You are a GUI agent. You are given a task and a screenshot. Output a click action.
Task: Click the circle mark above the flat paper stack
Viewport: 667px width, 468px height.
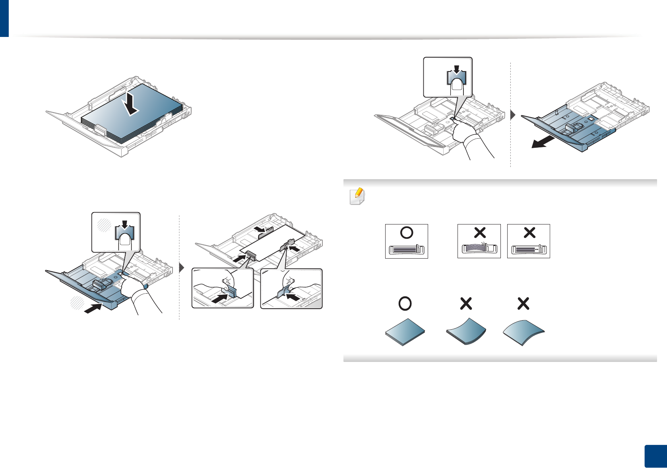405,304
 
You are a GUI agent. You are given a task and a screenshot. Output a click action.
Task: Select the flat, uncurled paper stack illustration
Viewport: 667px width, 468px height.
405,331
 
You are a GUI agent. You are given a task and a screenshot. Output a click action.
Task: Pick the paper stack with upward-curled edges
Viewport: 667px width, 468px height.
466,331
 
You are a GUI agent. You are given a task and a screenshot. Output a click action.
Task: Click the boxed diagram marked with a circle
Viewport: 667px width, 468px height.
406,241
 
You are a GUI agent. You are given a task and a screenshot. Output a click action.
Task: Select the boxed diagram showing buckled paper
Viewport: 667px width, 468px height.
479,241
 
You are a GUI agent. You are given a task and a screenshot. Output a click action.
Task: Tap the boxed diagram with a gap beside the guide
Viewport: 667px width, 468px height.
528,241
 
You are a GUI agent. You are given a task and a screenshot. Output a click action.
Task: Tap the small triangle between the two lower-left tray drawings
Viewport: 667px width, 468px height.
182,267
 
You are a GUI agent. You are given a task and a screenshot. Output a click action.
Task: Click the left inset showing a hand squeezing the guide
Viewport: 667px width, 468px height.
223,288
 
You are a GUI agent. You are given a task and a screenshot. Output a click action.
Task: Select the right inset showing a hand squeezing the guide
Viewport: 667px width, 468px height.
291,288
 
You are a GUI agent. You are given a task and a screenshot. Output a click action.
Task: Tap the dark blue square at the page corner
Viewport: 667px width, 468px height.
655,456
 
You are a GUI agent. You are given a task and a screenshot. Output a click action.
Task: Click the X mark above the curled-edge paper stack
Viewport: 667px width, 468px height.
466,304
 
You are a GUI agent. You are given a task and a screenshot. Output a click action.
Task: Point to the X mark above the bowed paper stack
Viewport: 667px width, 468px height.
524,304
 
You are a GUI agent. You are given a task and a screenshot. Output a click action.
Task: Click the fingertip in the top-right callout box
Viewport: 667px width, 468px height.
457,85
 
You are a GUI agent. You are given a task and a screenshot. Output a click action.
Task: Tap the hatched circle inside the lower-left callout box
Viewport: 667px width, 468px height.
105,225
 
